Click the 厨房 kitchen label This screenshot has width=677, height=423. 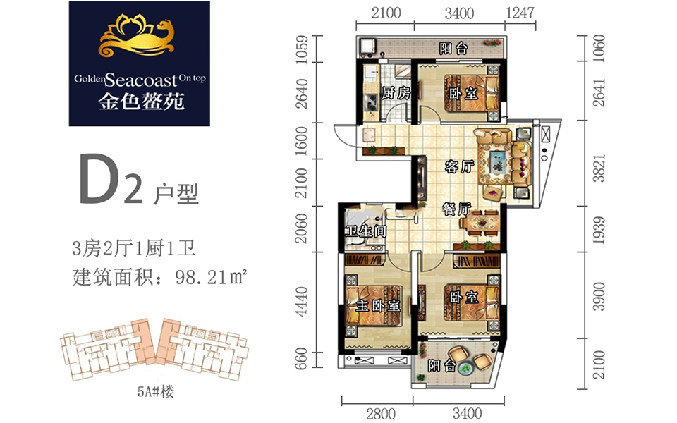pos(395,92)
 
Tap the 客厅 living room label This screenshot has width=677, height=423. pos(459,166)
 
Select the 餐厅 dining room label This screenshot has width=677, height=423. pos(456,209)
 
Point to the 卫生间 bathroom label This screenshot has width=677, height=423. pos(365,231)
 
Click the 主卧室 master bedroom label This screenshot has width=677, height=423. pos(378,305)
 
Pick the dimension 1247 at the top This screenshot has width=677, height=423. pos(520,13)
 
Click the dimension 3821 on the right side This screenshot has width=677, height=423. pos(599,168)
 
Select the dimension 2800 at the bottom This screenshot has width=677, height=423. pos(380,414)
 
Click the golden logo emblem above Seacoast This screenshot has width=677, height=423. pos(136,37)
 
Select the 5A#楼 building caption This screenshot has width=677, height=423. pos(155,391)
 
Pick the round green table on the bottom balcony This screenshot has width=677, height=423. pos(465,368)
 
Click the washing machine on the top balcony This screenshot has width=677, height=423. pos(367,47)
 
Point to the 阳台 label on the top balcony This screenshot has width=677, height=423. pos(453,48)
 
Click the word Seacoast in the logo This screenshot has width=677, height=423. pos(141,80)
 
